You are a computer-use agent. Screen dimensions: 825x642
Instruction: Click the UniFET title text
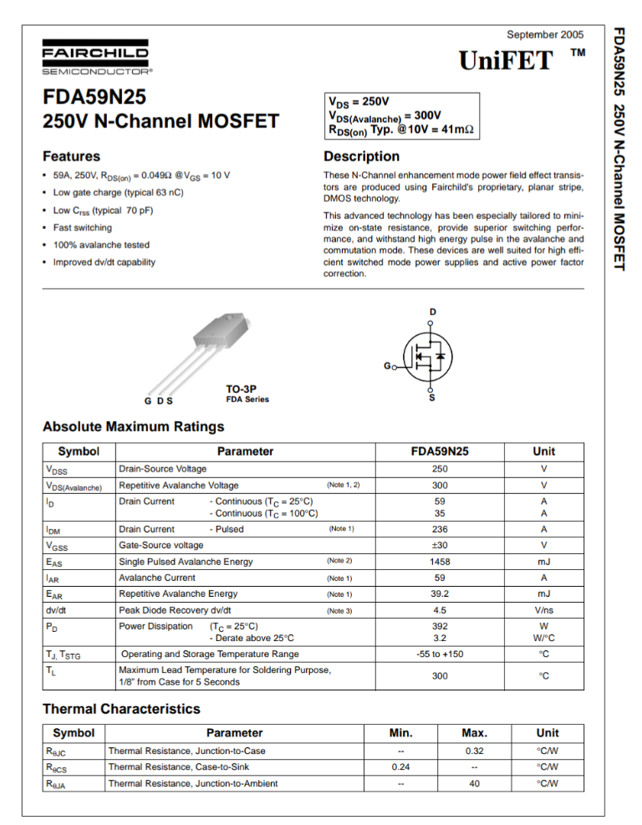click(506, 60)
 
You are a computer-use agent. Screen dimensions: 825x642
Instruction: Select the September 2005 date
click(545, 33)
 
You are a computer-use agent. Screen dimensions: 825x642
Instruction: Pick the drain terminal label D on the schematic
click(432, 313)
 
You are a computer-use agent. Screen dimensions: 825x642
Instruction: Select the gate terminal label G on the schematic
click(386, 367)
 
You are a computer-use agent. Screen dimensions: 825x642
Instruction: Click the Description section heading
click(361, 156)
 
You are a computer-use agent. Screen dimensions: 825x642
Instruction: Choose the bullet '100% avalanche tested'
click(101, 245)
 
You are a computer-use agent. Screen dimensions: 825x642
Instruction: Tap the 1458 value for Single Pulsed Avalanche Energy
click(438, 562)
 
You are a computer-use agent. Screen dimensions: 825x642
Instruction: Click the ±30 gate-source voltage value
click(438, 545)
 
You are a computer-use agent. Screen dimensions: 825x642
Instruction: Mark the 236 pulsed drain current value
click(438, 529)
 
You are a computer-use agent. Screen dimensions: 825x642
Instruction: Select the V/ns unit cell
click(543, 610)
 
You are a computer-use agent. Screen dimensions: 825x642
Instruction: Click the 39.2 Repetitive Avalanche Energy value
click(438, 594)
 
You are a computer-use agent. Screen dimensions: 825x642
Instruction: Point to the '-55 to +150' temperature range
click(438, 654)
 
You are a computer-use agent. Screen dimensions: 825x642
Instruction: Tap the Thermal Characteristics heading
click(121, 709)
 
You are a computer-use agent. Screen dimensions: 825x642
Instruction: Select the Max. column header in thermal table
click(474, 732)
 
